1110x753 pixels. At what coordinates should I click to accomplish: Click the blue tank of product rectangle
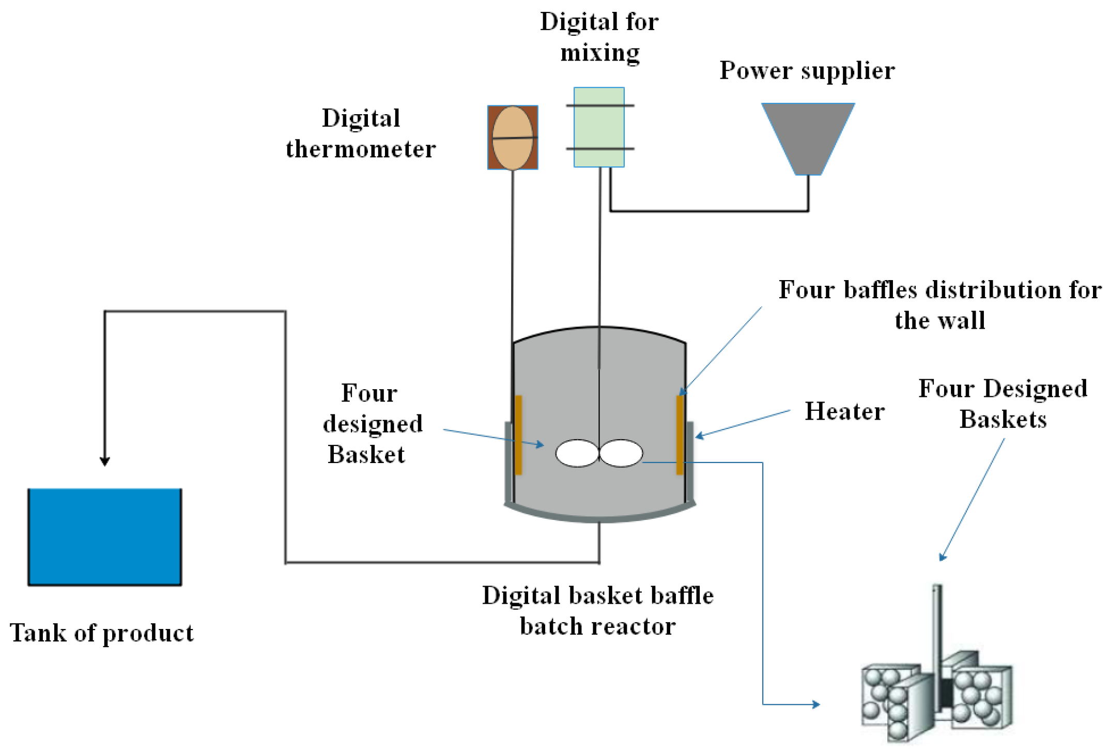(104, 536)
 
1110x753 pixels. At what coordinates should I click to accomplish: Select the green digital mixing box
(599, 127)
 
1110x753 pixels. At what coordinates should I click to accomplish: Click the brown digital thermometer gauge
(512, 137)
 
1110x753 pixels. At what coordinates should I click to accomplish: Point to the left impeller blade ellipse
(577, 453)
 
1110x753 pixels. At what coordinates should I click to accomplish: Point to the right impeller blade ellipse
(621, 453)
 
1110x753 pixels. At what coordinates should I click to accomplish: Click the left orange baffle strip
(518, 435)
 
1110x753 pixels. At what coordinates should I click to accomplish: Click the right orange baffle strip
(680, 435)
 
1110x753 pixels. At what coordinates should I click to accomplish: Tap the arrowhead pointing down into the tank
(105, 461)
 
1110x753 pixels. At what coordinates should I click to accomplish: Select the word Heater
(844, 411)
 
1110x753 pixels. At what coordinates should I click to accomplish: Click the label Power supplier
(807, 70)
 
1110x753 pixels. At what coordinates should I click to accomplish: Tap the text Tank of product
(102, 633)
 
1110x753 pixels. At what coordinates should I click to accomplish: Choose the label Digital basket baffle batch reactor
(598, 610)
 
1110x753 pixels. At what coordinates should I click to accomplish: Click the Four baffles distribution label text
(939, 304)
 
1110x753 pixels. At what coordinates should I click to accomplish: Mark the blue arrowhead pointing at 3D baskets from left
(816, 704)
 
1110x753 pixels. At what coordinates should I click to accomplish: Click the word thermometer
(361, 149)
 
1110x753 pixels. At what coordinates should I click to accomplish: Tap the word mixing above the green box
(599, 53)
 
